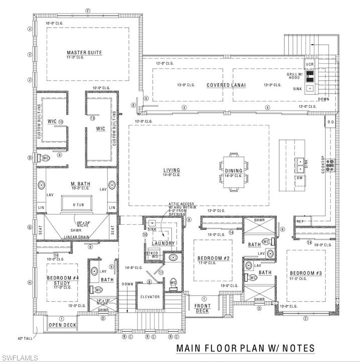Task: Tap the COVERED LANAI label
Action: (226, 85)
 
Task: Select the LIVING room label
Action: (171, 170)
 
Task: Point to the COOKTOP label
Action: (323, 165)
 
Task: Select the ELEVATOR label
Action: (150, 297)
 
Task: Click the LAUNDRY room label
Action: (166, 243)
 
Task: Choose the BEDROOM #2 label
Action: (213, 258)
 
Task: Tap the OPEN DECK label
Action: (63, 325)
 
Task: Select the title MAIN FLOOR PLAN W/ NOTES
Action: (245, 348)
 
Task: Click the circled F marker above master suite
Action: (87, 11)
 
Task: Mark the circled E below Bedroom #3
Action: (305, 318)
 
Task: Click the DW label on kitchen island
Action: (300, 178)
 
